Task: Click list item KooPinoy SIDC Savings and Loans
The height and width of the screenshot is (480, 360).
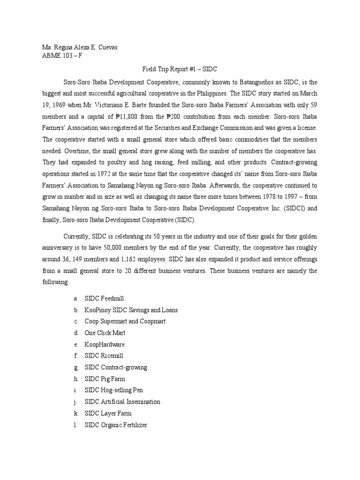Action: point(131,310)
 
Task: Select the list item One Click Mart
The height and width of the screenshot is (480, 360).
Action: point(105,333)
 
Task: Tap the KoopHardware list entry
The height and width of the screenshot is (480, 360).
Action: point(105,344)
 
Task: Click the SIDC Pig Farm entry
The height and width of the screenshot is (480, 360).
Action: point(105,379)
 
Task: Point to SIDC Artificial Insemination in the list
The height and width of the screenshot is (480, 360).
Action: point(122,402)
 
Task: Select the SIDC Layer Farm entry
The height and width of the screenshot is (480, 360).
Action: point(108,413)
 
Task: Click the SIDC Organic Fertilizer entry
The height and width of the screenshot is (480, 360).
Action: point(116,425)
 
